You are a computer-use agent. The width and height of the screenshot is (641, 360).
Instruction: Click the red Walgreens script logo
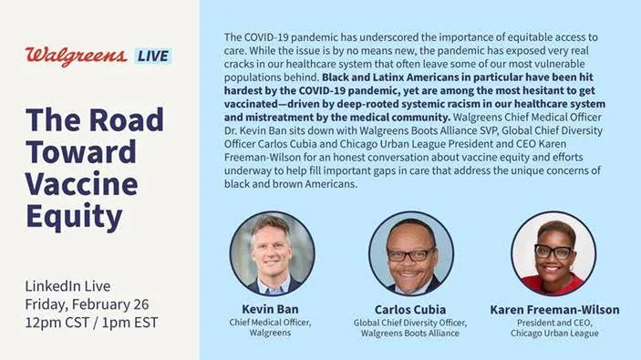click(76, 56)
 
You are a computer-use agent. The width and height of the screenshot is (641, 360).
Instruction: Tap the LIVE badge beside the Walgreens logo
click(153, 56)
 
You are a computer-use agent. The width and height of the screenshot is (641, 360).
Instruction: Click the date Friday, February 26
click(87, 304)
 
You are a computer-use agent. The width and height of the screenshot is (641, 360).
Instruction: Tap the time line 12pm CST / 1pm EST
click(92, 322)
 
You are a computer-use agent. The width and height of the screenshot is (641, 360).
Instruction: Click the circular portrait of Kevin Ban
click(272, 252)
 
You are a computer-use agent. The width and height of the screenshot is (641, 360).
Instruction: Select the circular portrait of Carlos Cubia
click(410, 252)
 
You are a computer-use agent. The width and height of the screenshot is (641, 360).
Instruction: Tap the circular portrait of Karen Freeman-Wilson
click(553, 252)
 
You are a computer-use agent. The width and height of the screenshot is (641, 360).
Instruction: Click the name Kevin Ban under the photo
click(271, 310)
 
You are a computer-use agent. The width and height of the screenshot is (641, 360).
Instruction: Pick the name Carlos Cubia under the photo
click(409, 310)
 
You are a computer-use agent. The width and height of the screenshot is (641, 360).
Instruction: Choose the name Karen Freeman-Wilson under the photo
click(553, 310)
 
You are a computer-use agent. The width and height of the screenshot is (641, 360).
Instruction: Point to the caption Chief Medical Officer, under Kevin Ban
click(271, 323)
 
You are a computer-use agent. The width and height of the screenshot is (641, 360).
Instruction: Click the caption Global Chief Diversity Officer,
click(409, 323)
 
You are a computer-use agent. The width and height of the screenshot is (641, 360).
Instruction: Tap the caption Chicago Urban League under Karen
click(553, 334)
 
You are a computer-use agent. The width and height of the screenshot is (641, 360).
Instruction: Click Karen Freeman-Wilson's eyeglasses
click(553, 251)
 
